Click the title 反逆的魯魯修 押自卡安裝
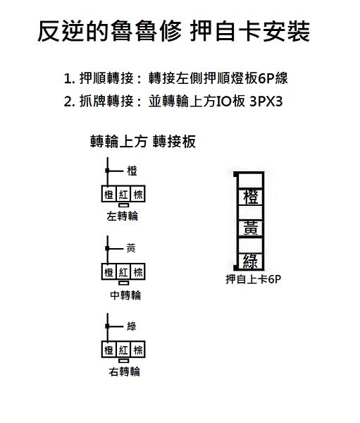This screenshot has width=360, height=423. pyautogui.click(x=174, y=31)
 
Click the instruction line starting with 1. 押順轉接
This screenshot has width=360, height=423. pyautogui.click(x=176, y=78)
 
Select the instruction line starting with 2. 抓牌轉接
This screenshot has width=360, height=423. pyautogui.click(x=173, y=102)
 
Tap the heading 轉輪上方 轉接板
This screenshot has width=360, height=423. pyautogui.click(x=143, y=142)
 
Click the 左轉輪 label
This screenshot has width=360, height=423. pyautogui.click(x=123, y=216)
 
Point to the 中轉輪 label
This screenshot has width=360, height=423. pyautogui.click(x=125, y=295)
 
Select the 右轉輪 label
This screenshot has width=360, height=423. pyautogui.click(x=125, y=372)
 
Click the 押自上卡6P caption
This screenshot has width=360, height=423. pyautogui.click(x=253, y=279)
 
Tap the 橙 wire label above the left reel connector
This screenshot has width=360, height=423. pyautogui.click(x=132, y=171)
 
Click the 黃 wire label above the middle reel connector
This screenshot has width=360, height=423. pyautogui.click(x=131, y=248)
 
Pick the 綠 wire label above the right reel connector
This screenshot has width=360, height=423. pyautogui.click(x=132, y=326)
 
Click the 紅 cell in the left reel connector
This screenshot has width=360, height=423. pyautogui.click(x=123, y=194)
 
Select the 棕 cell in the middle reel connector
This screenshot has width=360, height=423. pyautogui.click(x=138, y=271)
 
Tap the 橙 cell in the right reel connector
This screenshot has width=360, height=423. pyautogui.click(x=109, y=350)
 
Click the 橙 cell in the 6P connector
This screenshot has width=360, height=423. pyautogui.click(x=251, y=197)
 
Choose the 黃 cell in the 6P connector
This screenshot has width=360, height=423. pyautogui.click(x=251, y=228)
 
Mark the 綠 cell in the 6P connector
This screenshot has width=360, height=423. pyautogui.click(x=251, y=261)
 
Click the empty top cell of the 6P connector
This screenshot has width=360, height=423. pyautogui.click(x=251, y=180)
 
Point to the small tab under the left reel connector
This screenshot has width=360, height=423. pyautogui.click(x=123, y=205)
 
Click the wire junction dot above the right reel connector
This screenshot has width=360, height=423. pyautogui.click(x=107, y=326)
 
